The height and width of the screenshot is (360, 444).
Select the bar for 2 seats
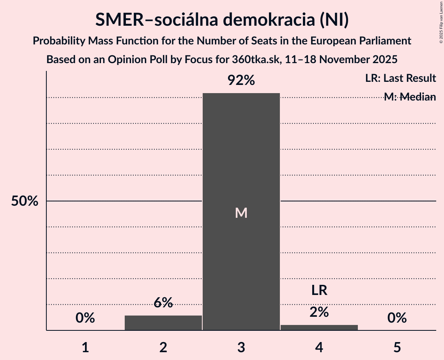[x=163, y=323]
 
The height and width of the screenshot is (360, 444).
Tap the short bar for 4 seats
[x=319, y=327]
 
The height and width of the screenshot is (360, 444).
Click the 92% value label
[x=241, y=81]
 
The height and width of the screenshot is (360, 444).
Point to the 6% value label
[x=163, y=303]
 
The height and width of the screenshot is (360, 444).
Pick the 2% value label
[x=319, y=312]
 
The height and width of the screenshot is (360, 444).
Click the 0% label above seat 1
[x=85, y=318]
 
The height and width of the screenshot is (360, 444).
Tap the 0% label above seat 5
[x=397, y=318]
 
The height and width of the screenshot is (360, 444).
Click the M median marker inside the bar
[x=241, y=213]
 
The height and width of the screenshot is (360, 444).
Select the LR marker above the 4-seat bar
[x=319, y=290]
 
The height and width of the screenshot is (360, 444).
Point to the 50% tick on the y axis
[x=25, y=201]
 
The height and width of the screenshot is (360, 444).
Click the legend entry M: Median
[x=410, y=97]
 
